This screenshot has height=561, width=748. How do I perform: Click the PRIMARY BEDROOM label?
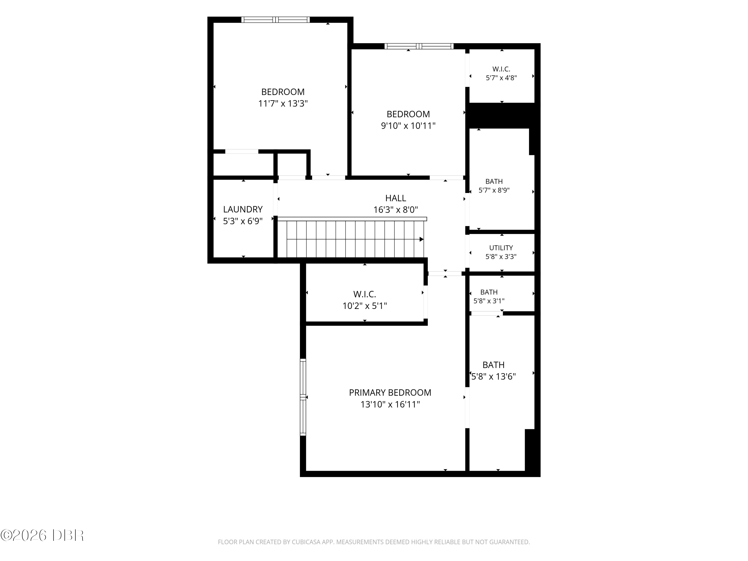[390, 393]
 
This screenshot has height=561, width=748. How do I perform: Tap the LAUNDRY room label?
[243, 209]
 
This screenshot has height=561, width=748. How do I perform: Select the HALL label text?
[396, 198]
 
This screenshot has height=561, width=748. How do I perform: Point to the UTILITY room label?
[501, 248]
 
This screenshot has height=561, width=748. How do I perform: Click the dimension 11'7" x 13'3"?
[283, 103]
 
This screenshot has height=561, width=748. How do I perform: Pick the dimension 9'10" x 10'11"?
[408, 126]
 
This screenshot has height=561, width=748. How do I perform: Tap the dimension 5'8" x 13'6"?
[493, 376]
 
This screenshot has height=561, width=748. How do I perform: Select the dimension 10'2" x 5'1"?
[365, 306]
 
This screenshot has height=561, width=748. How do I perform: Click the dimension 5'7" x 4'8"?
[501, 78]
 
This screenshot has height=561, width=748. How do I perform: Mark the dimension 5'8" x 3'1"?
[489, 301]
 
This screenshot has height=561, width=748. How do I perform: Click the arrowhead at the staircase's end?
[422, 239]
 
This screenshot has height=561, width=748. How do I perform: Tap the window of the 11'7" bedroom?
[275, 20]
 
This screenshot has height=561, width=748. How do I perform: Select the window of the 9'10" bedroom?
[419, 46]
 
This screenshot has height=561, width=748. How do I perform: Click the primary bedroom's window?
[303, 397]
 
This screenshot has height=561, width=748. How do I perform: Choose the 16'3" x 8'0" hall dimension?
[396, 210]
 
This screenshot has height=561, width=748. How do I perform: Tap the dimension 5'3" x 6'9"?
[243, 221]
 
